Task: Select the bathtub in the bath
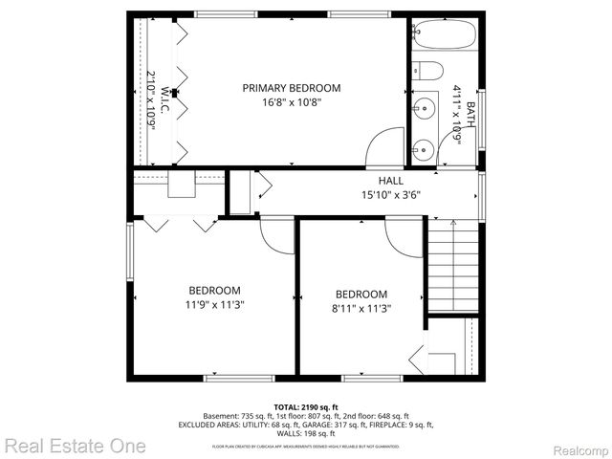445,37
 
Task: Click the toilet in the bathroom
427,73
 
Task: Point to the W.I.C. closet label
164,101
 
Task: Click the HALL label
390,180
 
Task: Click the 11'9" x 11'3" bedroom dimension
214,306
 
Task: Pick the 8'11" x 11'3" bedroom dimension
361,308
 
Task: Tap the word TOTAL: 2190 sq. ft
306,406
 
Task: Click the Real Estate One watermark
74,446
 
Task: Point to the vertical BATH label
470,118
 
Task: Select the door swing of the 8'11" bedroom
404,231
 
